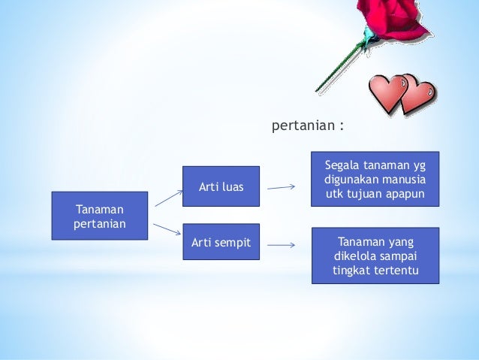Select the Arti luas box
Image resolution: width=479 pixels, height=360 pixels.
221,186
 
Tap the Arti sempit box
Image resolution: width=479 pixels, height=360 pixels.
221,243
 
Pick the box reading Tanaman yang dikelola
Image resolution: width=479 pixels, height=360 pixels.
375,256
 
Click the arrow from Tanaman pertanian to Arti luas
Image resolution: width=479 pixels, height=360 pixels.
168,198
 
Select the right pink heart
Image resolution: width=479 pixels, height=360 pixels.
417,95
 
